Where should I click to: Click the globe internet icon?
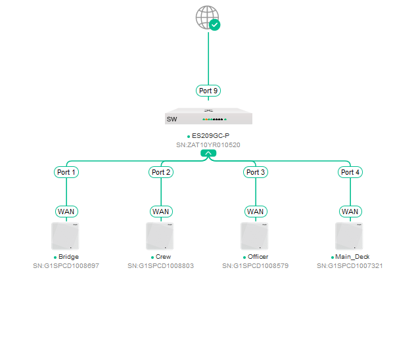tap(207, 17)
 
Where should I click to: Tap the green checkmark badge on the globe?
tap(214, 25)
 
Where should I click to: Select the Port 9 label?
tap(208, 91)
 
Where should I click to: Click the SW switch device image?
tap(208, 116)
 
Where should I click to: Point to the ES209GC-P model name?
tap(210, 136)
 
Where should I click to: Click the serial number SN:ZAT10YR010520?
tap(208, 145)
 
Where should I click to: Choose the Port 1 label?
tap(66, 172)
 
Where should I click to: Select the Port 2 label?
tap(161, 172)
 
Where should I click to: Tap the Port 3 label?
tap(256, 172)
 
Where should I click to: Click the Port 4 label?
tap(350, 172)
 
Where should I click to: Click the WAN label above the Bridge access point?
tap(66, 212)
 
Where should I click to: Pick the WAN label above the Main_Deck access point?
tap(350, 212)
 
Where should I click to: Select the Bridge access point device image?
tap(65, 236)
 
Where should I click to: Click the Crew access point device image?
tap(160, 236)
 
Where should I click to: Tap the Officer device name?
tap(258, 257)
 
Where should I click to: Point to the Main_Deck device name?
tap(352, 257)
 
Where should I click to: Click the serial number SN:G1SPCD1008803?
tap(160, 266)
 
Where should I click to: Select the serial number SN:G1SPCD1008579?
tap(256, 266)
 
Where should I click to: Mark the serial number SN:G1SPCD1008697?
tap(66, 266)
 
